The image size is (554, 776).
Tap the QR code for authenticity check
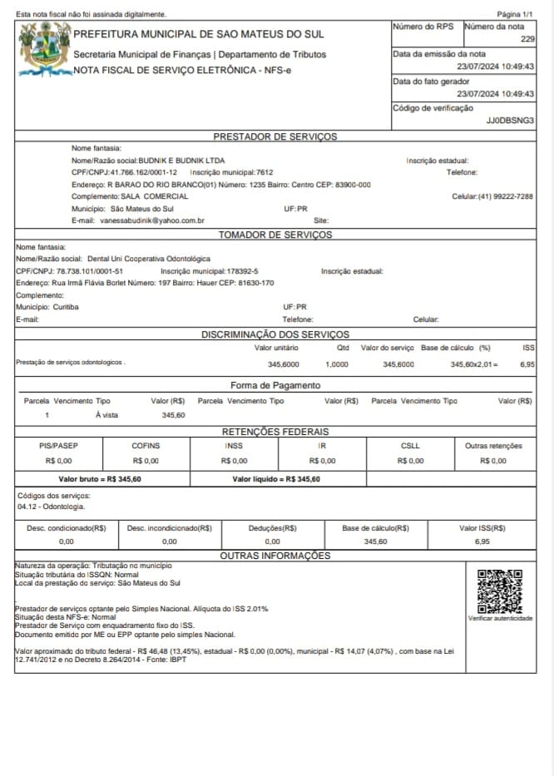(500, 591)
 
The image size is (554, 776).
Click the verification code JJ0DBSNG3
(510, 121)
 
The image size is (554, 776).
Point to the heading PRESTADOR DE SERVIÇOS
(275, 136)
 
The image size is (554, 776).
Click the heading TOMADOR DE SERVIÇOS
(275, 235)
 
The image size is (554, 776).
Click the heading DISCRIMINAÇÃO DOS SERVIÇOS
(275, 334)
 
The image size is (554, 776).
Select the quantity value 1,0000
(337, 364)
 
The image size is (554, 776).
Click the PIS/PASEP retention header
(58, 446)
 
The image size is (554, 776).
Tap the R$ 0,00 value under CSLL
(409, 460)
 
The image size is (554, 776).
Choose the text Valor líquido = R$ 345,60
(276, 479)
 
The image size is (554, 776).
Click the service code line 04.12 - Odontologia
(51, 506)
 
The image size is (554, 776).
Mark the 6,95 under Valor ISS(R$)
(482, 541)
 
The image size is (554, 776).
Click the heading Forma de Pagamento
(275, 385)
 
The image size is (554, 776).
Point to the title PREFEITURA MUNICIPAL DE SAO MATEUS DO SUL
(199, 34)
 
